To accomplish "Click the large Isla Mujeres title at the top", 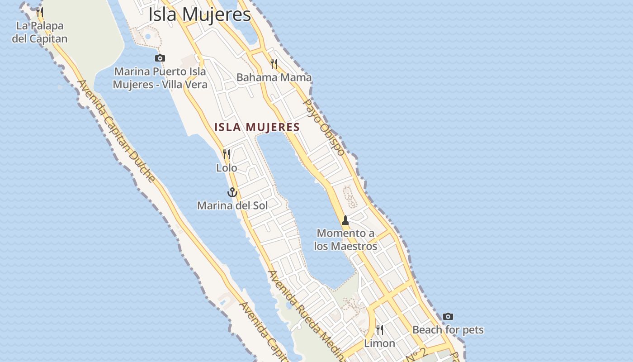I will pyautogui.click(x=199, y=14).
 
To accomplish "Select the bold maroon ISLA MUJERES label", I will pyautogui.click(x=257, y=127).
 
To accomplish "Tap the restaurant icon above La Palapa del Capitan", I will pyautogui.click(x=40, y=12).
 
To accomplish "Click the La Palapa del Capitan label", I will pyautogui.click(x=40, y=32).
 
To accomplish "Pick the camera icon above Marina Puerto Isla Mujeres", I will pyautogui.click(x=160, y=58).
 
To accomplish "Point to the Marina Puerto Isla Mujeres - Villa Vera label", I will pyautogui.click(x=160, y=78).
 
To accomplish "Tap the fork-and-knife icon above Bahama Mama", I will pyautogui.click(x=274, y=63).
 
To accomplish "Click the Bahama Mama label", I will pyautogui.click(x=274, y=77).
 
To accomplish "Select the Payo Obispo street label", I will pyautogui.click(x=324, y=127).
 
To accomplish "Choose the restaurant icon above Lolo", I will pyautogui.click(x=227, y=154).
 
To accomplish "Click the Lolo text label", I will pyautogui.click(x=227, y=168).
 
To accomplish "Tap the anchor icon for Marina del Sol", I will pyautogui.click(x=232, y=192).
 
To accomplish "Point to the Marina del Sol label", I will pyautogui.click(x=232, y=205).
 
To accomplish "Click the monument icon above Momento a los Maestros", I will pyautogui.click(x=345, y=220).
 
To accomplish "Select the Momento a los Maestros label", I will pyautogui.click(x=345, y=240).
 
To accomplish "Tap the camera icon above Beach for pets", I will pyautogui.click(x=448, y=316).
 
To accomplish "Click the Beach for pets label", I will pyautogui.click(x=448, y=330).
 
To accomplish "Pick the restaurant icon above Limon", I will pyautogui.click(x=380, y=329).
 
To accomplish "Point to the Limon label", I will pyautogui.click(x=380, y=343).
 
